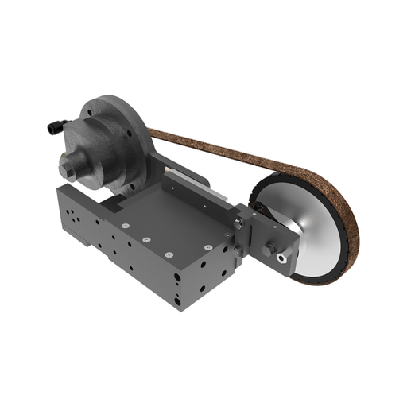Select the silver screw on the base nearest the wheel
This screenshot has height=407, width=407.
point(205,247)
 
